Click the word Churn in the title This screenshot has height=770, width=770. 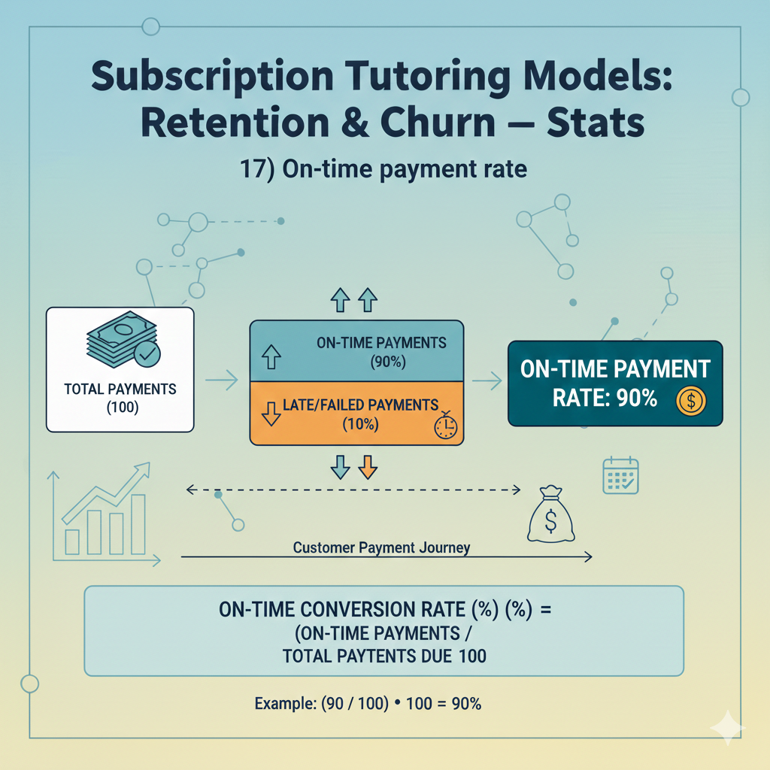coord(438,123)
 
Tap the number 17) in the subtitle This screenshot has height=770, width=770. coord(257,169)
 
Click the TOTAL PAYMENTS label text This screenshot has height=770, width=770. coord(120,389)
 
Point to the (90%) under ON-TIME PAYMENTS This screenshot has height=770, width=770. coord(388,362)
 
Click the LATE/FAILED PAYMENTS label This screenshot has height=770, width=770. coord(360,405)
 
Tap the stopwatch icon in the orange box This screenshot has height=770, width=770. coord(445,426)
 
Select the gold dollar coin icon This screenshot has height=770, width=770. coord(690,400)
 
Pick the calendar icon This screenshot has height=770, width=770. coord(620,475)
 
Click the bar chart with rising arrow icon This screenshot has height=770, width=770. coord(104,514)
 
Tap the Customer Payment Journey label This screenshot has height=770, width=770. coord(381,547)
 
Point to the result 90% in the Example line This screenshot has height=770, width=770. coord(466,704)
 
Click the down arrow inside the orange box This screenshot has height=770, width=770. coord(271,414)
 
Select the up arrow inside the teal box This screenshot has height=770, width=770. coord(271,356)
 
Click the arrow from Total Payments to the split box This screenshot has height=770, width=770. coord(222,380)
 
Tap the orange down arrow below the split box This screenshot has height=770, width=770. coord(368,466)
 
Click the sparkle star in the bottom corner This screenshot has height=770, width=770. coord(728,728)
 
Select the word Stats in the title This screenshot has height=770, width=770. coord(596,123)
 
